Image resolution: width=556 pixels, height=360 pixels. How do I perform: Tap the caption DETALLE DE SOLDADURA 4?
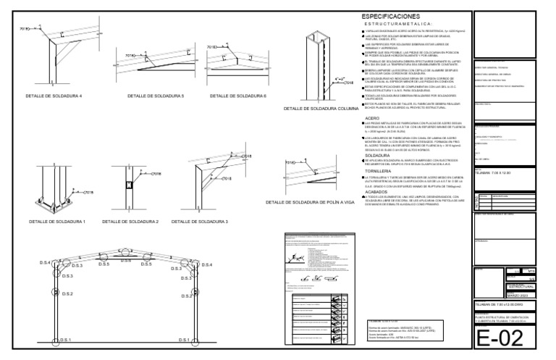[x=54, y=96]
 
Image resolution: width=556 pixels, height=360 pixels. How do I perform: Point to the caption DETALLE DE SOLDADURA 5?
[x=156, y=96]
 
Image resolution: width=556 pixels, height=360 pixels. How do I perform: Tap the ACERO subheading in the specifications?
[x=373, y=117]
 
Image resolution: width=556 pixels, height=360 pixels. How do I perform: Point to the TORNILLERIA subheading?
[x=380, y=171]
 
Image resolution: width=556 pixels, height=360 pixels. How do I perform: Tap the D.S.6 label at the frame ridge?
[x=126, y=260]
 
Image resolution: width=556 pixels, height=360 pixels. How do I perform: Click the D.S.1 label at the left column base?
[x=65, y=339]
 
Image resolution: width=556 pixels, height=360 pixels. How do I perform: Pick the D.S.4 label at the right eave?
[x=208, y=265]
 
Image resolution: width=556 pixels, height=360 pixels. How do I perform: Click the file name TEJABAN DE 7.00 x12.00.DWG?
[x=502, y=305]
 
